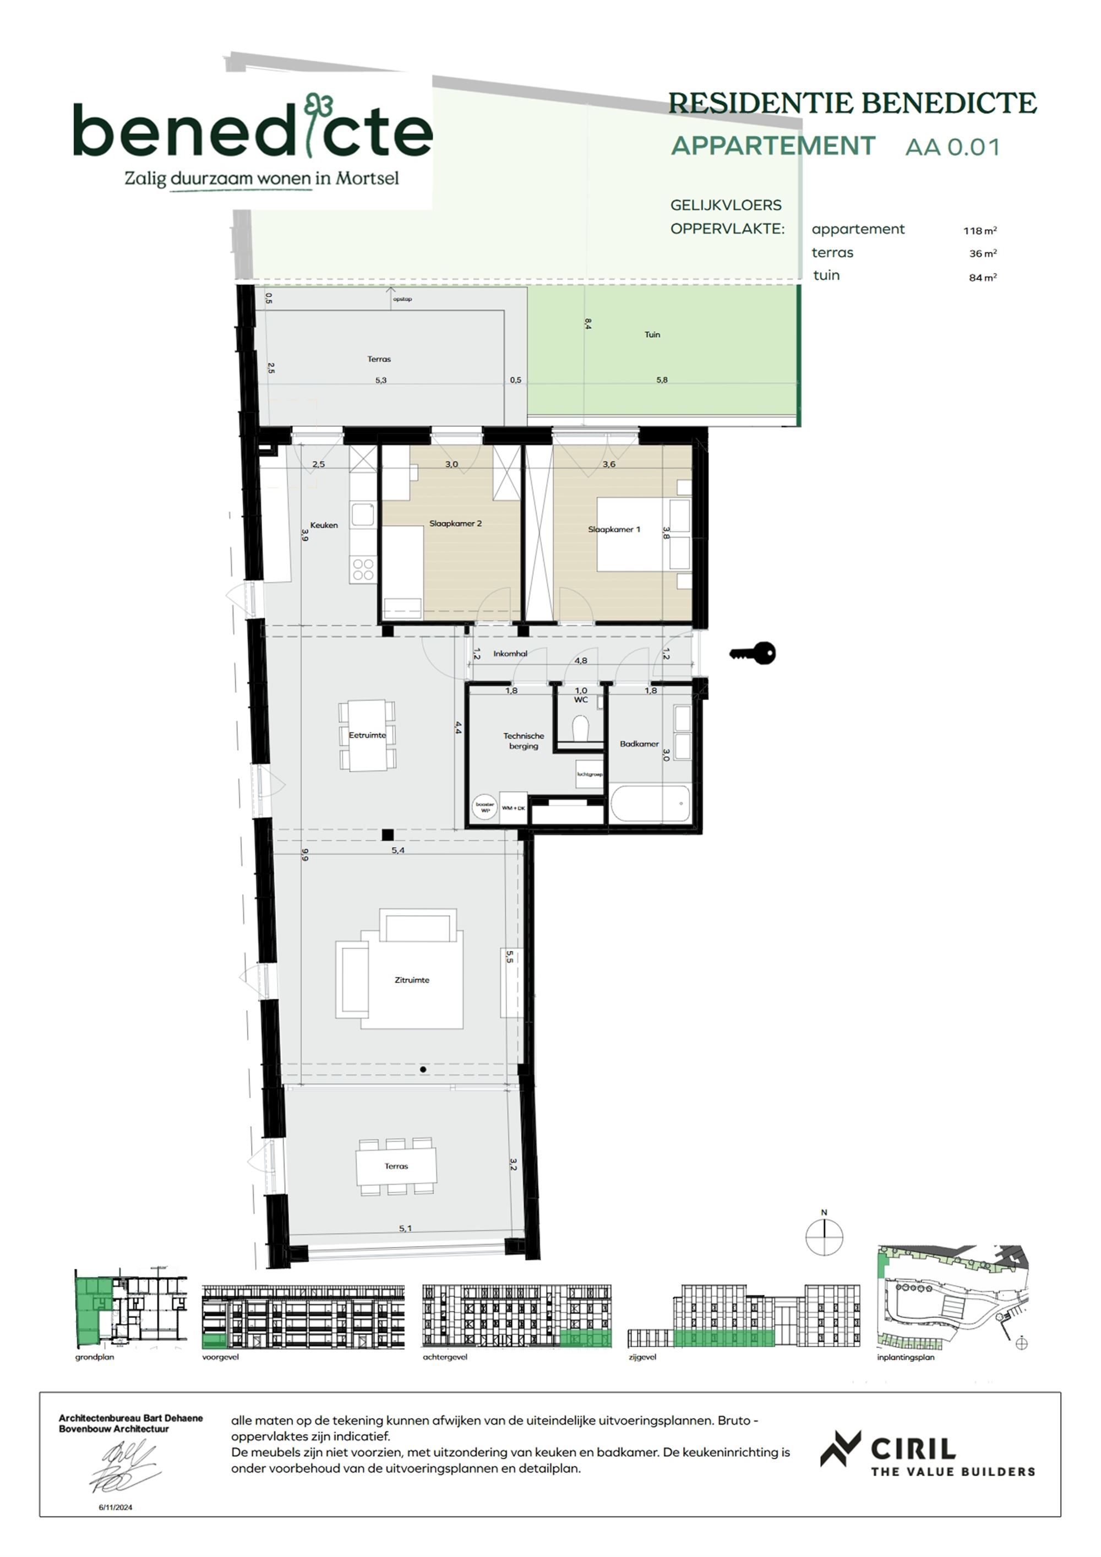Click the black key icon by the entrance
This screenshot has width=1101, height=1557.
click(753, 653)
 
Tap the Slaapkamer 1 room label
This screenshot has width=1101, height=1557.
click(614, 529)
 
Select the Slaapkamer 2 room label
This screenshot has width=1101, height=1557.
click(455, 523)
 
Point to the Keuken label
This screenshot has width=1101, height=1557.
click(323, 525)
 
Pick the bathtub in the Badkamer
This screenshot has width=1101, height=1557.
click(650, 804)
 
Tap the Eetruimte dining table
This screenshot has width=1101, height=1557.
click(367, 735)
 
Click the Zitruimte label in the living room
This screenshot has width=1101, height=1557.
click(412, 980)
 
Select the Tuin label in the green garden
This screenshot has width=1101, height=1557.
click(651, 334)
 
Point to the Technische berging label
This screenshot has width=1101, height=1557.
click(524, 741)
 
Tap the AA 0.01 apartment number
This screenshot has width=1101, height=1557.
click(952, 147)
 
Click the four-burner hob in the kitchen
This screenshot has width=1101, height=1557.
click(363, 569)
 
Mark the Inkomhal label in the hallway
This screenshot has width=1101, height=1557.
click(510, 654)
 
